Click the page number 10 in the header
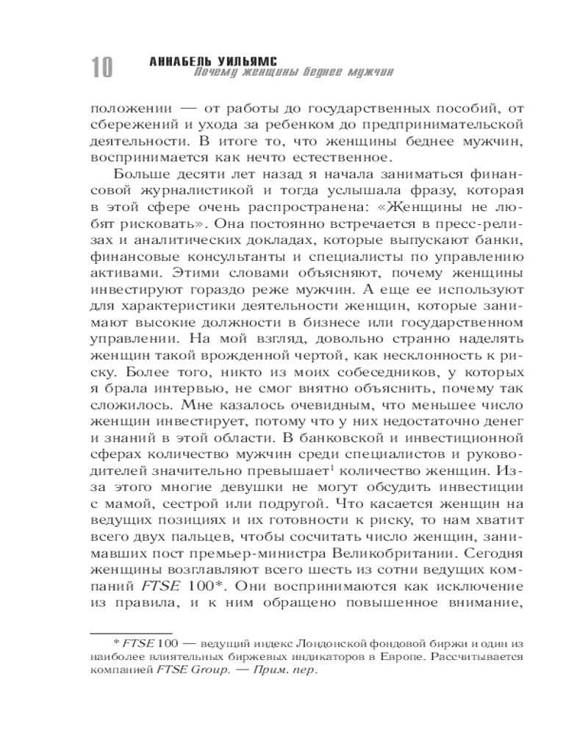point(101,68)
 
